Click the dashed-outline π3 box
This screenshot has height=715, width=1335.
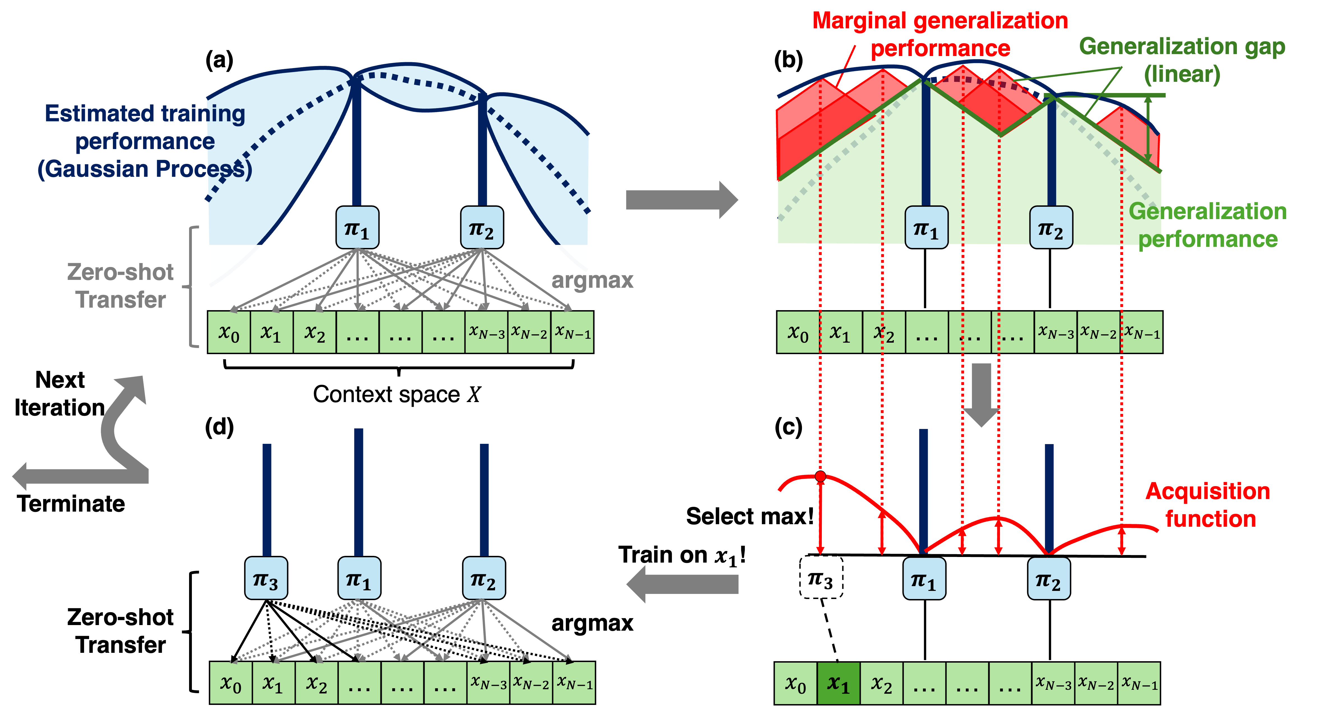821,578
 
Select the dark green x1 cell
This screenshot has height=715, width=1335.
838,683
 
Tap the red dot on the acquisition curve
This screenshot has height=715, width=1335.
820,476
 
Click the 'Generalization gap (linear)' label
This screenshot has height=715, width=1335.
1182,60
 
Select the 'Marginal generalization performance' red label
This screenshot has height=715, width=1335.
939,34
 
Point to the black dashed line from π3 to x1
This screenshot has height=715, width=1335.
829,630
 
